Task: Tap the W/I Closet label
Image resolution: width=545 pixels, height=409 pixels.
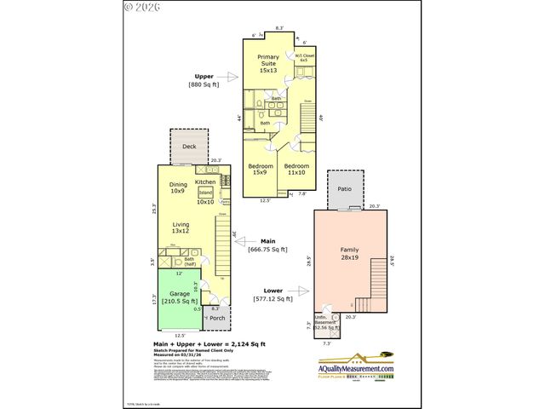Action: [305, 58]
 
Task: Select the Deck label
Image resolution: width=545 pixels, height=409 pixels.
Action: [188, 146]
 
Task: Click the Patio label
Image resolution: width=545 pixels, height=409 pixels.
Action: [345, 189]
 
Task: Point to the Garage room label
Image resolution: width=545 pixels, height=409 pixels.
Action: [178, 297]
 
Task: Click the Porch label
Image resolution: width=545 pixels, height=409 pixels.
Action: [217, 319]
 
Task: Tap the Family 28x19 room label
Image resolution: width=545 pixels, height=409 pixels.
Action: [349, 253]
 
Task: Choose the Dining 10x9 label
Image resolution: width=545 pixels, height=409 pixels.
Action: [178, 187]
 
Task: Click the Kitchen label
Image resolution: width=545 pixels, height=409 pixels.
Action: [205, 181]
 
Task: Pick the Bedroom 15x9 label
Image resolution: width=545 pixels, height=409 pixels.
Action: [261, 169]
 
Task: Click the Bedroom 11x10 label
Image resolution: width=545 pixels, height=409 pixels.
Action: [296, 169]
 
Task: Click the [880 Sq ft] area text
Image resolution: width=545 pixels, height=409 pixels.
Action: [204, 84]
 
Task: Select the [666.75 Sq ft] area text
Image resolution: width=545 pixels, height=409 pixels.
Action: [266, 250]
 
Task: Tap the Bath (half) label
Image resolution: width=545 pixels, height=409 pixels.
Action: [190, 262]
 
